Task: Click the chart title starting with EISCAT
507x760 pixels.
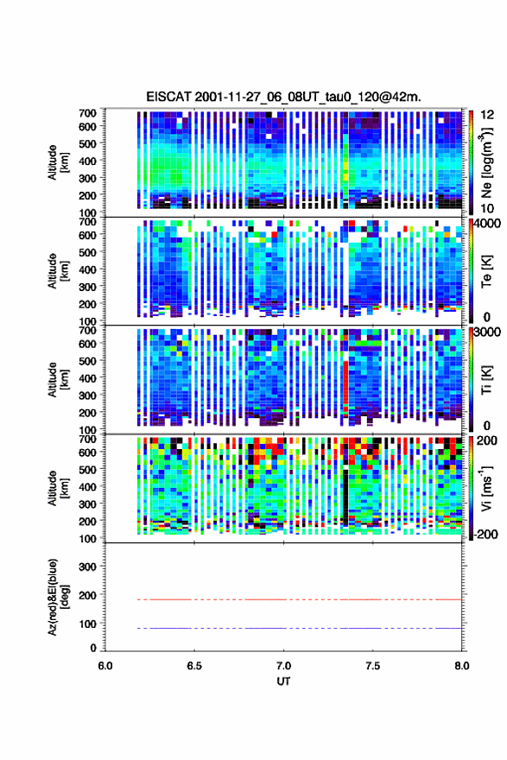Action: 283,97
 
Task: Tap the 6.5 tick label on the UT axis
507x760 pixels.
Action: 194,666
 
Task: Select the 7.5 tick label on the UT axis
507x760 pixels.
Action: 373,666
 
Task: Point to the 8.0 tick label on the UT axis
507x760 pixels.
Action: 462,666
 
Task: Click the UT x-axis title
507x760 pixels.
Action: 283,681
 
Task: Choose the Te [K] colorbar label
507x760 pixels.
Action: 487,271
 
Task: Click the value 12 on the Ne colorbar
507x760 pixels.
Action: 488,115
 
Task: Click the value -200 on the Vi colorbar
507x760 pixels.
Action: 486,534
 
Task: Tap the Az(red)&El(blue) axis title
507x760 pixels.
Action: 59,597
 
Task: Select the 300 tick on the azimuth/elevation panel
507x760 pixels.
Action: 87,567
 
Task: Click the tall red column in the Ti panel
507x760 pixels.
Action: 345,383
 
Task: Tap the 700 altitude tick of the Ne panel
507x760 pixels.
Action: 87,113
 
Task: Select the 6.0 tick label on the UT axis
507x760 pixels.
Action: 105,666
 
